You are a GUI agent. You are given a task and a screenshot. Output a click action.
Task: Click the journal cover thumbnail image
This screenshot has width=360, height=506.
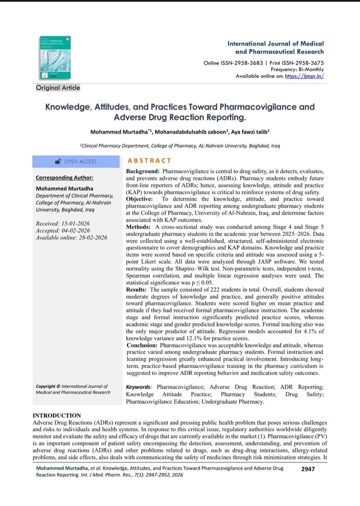click(55, 58)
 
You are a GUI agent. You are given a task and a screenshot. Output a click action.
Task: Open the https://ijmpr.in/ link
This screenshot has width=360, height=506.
click(304, 76)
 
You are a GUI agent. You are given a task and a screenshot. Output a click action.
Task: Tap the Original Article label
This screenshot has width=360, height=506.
click(58, 88)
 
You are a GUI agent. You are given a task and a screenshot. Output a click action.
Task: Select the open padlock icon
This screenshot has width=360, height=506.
click(58, 162)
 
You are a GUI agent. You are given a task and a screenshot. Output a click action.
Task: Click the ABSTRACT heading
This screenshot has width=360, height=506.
click(149, 161)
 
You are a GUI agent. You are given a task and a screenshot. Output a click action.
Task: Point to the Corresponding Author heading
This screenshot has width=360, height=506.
click(64, 178)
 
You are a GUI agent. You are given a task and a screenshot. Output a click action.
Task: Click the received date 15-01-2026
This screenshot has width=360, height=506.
click(75, 224)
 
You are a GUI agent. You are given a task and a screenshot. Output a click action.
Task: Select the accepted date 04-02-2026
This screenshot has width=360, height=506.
click(76, 231)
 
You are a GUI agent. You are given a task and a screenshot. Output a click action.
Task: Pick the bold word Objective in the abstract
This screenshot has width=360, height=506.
click(139, 199)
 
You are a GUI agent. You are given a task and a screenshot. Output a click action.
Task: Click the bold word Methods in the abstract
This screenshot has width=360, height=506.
click(138, 227)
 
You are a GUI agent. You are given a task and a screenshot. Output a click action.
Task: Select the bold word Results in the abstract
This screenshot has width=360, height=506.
click(136, 290)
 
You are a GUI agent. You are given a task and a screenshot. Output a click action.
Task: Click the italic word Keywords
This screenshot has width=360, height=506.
click(138, 387)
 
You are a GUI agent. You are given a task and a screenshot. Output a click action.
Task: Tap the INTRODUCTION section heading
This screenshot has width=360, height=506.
click(57, 415)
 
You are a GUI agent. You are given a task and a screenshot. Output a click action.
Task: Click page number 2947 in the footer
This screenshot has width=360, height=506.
click(308, 469)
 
